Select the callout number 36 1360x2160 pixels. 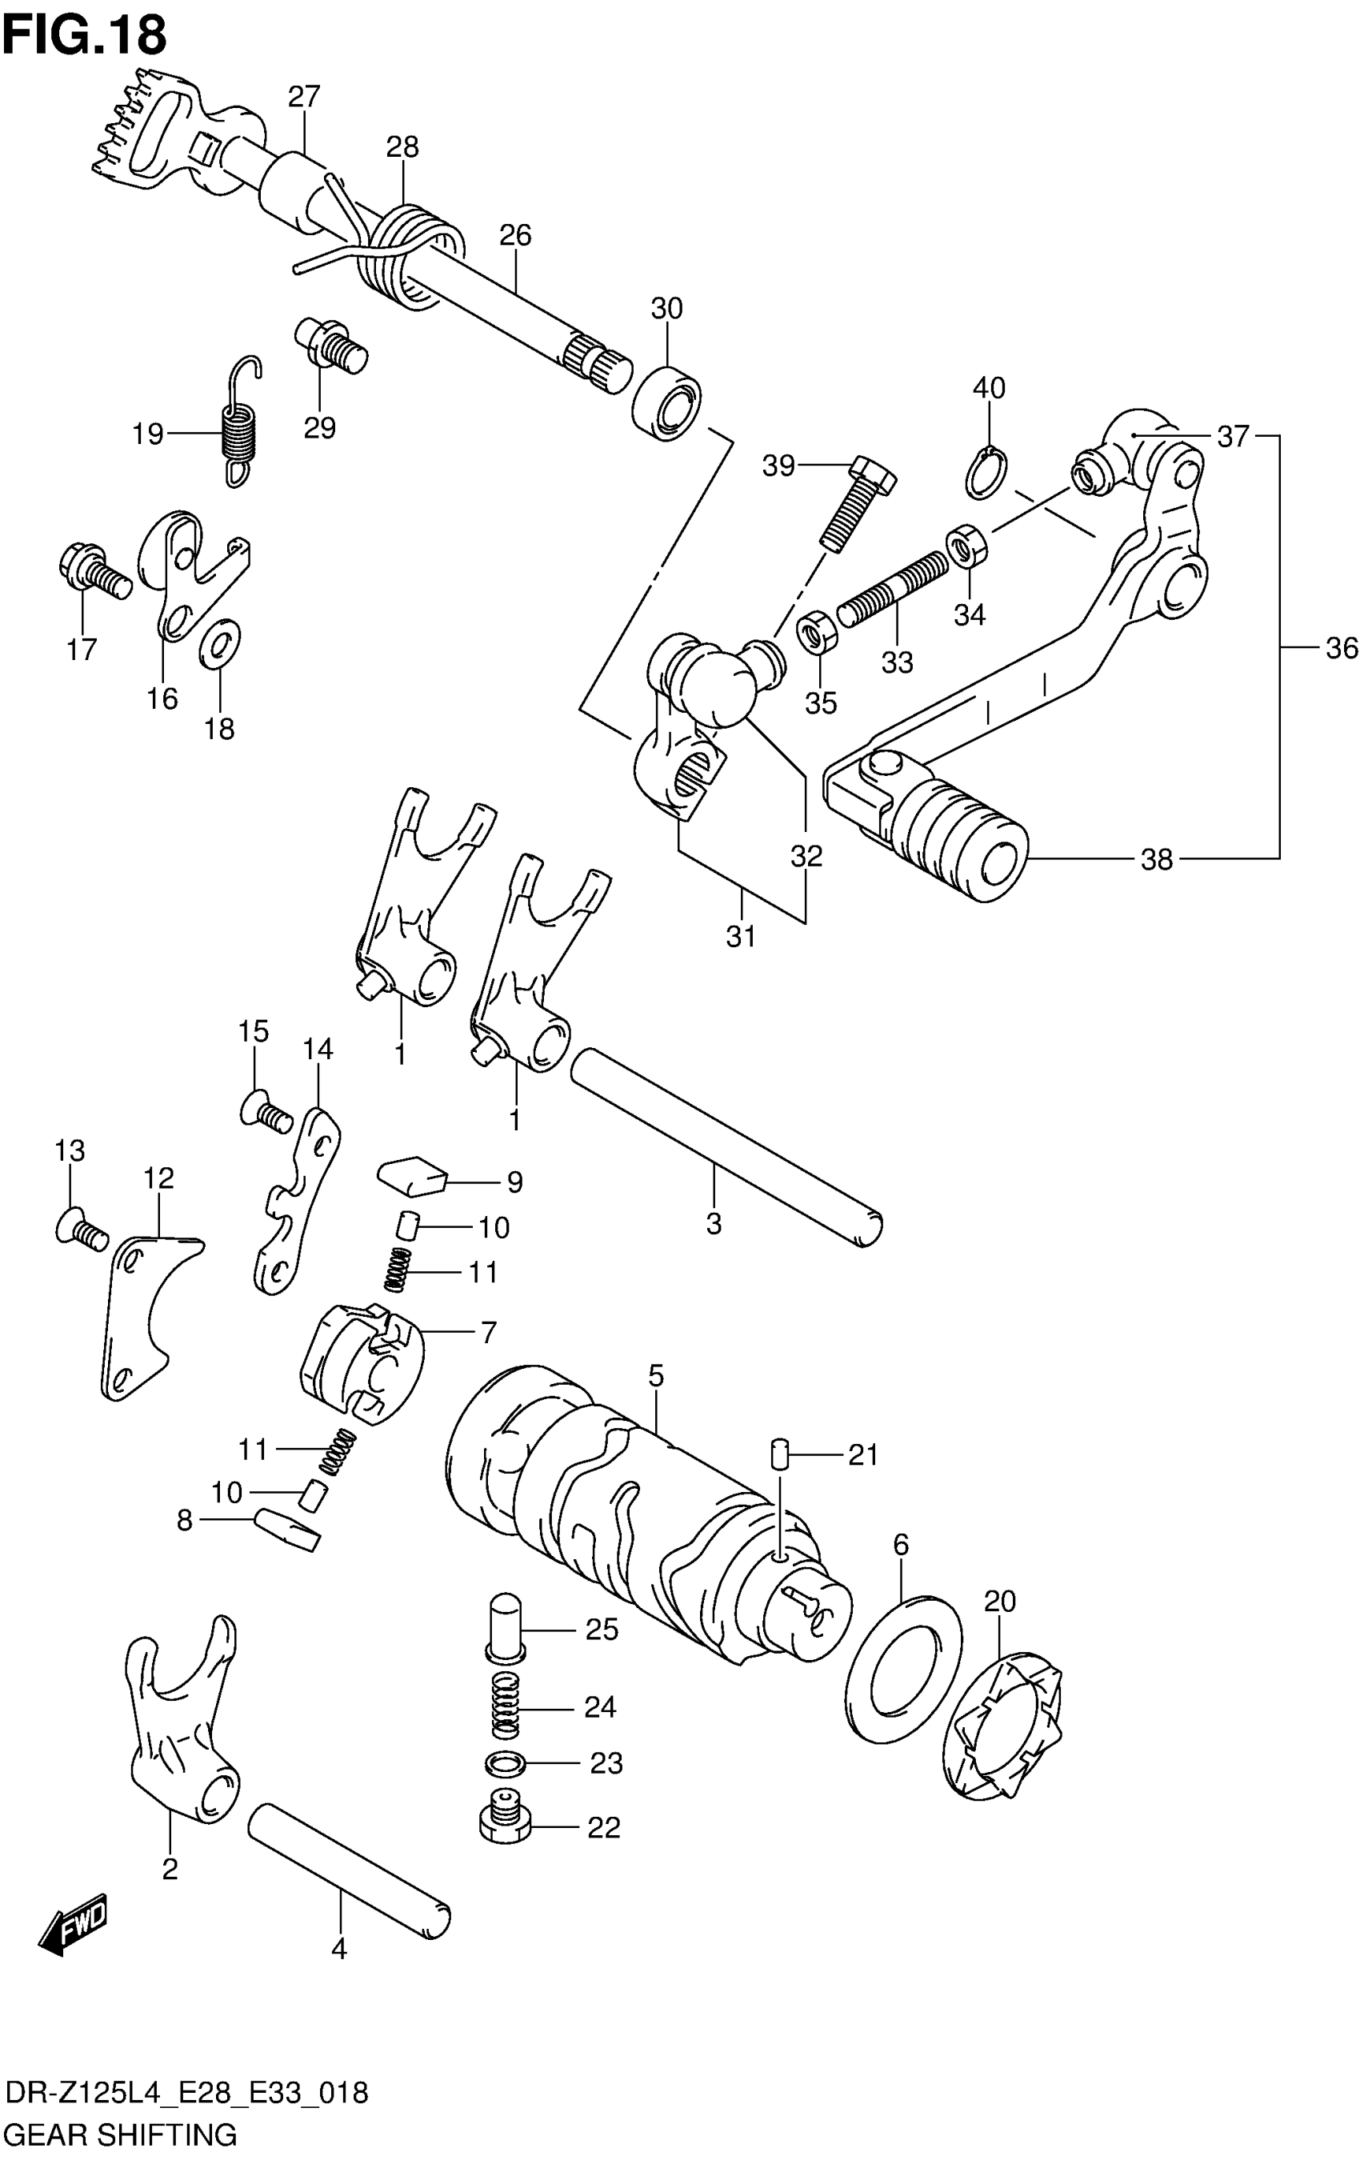pos(1341,648)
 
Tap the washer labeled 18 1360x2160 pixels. pos(220,642)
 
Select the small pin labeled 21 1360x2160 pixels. pos(779,1452)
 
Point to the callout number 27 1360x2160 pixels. pos(304,96)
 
